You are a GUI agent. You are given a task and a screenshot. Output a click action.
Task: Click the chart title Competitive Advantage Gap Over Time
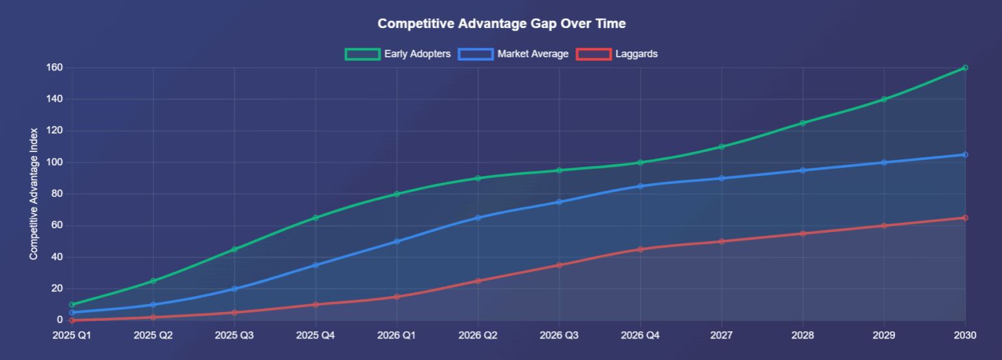click(x=501, y=23)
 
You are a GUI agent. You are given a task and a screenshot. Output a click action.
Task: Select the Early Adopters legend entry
click(x=398, y=54)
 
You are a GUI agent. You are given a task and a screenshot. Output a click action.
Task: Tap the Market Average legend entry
click(x=513, y=54)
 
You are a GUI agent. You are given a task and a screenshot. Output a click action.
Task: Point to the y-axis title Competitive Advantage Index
click(x=34, y=194)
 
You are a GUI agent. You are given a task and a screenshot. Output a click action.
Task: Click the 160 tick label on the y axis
click(x=54, y=68)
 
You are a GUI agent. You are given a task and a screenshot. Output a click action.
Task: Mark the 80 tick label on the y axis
click(x=57, y=194)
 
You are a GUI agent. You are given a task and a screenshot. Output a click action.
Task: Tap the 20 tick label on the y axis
click(x=57, y=288)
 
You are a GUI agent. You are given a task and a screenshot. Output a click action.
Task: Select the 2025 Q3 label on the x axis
click(x=234, y=336)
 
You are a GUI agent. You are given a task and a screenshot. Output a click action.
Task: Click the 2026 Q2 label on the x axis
click(x=478, y=336)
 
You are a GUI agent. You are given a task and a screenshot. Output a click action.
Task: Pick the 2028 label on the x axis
click(x=802, y=336)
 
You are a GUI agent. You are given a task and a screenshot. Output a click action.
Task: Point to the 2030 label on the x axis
click(x=965, y=336)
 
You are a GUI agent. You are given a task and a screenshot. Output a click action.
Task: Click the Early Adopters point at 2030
click(x=965, y=68)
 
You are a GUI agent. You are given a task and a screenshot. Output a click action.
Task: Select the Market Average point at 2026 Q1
click(x=397, y=241)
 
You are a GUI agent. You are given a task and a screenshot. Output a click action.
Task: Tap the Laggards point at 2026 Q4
click(x=640, y=249)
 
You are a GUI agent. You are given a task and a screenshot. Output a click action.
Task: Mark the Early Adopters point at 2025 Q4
click(x=316, y=218)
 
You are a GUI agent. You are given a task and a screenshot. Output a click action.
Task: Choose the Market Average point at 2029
click(x=884, y=162)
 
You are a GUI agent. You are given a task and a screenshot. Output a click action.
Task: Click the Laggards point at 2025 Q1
click(x=72, y=320)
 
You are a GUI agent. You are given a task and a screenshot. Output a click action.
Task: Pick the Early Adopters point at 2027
click(x=721, y=147)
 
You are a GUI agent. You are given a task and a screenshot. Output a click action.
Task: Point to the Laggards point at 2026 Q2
click(x=478, y=281)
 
